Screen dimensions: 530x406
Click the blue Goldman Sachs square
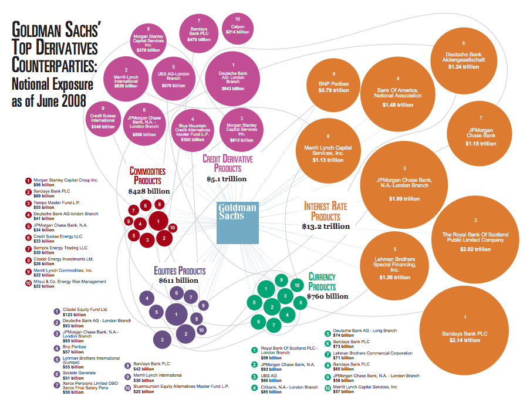pyautogui.click(x=238, y=223)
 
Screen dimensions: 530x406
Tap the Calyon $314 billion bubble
pyautogui.click(x=238, y=29)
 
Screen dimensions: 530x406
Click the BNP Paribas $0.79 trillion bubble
pyautogui.click(x=333, y=85)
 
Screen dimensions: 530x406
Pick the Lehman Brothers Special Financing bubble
pyautogui.click(x=395, y=266)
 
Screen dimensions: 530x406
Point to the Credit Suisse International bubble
pyautogui.click(x=103, y=119)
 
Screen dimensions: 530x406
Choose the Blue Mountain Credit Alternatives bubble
pyautogui.click(x=193, y=130)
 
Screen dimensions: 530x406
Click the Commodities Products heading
pyautogui.click(x=148, y=175)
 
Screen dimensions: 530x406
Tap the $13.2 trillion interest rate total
pyautogui.click(x=326, y=226)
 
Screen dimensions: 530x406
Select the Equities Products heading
pyautogui.click(x=180, y=270)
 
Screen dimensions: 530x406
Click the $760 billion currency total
pyautogui.click(x=328, y=296)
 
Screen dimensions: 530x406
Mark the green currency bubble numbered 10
pyautogui.click(x=297, y=285)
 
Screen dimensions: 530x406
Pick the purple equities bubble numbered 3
pyautogui.click(x=162, y=340)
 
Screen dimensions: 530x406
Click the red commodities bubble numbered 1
pyautogui.click(x=158, y=222)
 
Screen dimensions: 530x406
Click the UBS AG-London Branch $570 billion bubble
pyautogui.click(x=173, y=79)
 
